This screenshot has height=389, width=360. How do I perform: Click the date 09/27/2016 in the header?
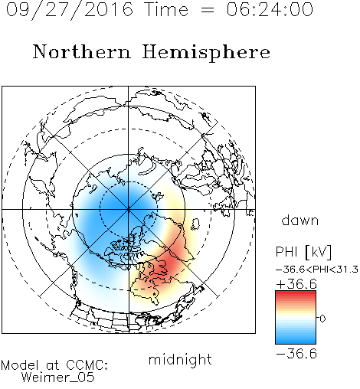point(69,10)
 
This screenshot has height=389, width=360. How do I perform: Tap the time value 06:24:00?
point(270,9)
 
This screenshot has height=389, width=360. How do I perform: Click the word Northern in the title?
point(82,51)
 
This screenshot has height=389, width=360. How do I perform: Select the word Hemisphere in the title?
point(206,52)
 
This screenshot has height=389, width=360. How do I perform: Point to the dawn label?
point(300,220)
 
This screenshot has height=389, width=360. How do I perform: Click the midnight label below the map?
point(180,359)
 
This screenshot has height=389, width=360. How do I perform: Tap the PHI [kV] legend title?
point(303,252)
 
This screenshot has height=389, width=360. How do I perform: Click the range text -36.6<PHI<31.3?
point(317,270)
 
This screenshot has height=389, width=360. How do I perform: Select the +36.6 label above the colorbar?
point(296,284)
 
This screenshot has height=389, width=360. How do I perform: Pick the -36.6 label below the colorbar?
point(296,354)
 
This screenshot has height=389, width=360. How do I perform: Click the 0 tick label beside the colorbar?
point(322,319)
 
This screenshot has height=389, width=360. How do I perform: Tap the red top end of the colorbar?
point(296,293)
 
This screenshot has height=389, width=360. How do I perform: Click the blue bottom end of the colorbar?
point(296,342)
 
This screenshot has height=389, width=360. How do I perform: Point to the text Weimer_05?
point(58,377)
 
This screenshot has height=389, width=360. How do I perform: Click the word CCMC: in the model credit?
point(87,364)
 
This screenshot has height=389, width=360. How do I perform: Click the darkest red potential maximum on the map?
point(164,265)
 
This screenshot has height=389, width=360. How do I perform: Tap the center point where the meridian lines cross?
point(129,209)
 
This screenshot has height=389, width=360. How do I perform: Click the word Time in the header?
point(166,9)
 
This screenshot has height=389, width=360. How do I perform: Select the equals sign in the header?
point(207,11)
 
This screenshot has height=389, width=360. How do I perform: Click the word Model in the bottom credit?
point(20,364)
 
